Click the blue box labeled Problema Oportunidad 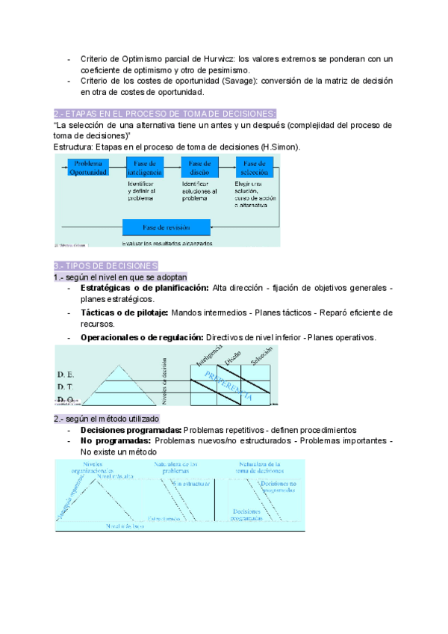coord(88,167)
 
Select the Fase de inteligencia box coord(145,167)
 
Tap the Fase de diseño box coord(200,167)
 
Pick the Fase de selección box coord(255,167)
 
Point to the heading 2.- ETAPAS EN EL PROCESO coord(165,113)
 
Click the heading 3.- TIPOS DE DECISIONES coord(105,266)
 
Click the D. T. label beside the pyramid coord(66,387)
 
